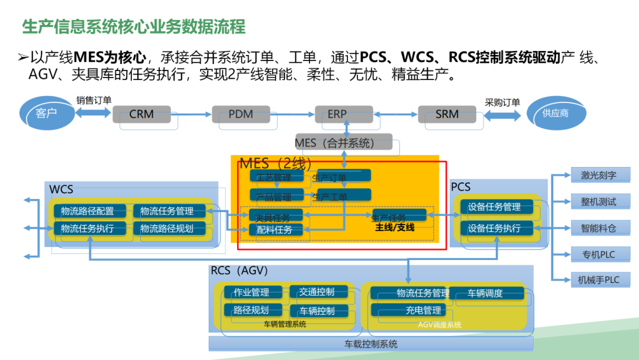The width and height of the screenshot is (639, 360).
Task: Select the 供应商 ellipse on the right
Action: click(554, 112)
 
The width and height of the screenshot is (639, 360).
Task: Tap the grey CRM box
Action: click(141, 114)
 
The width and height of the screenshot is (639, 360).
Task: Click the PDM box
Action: click(241, 114)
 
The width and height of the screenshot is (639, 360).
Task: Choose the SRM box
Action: click(447, 114)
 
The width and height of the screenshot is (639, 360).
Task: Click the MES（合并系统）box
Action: click(343, 142)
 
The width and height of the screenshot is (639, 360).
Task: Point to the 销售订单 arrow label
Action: click(93, 101)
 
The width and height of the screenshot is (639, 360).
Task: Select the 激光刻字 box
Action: click(598, 175)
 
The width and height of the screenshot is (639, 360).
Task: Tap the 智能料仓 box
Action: click(598, 227)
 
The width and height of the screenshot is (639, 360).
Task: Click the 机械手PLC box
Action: click(598, 279)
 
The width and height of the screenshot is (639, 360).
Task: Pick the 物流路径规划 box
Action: click(169, 228)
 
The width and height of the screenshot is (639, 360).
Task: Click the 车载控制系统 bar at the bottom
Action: click(371, 343)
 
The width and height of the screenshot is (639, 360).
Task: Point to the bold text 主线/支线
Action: click(395, 227)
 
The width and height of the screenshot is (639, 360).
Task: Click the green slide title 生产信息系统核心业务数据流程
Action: click(133, 27)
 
